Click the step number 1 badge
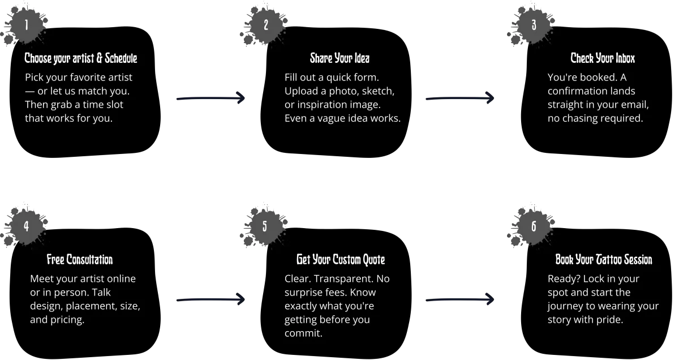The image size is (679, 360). coord(26,25)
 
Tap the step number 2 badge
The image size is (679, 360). coord(265,25)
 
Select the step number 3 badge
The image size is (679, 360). coord(534,25)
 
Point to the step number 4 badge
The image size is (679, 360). coord(26,226)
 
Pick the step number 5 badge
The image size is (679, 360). coord(265,226)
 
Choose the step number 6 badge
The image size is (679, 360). coord(534,226)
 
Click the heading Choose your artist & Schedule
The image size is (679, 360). coord(81,58)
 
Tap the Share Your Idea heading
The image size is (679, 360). coord(339,58)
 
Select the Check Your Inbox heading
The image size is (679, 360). coord(603,58)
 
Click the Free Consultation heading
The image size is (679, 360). coord(80,260)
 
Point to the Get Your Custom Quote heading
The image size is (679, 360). coord(341,260)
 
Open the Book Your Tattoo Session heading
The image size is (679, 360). coord(604,260)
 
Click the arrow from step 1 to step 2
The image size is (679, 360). coord(210,98)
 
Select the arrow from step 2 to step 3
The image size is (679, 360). coord(461,98)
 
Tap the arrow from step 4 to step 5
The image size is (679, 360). coord(210,299)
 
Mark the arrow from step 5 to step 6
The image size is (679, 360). coord(461,299)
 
